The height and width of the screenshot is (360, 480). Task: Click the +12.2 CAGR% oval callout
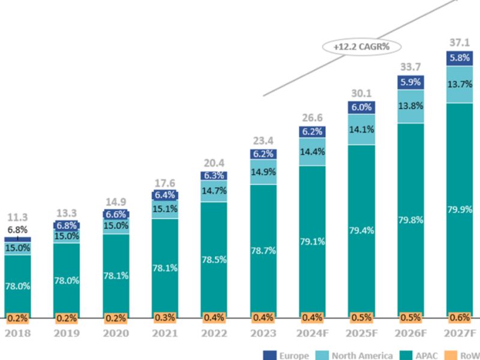pyautogui.click(x=361, y=46)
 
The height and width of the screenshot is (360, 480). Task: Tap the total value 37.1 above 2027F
pyautogui.click(x=460, y=43)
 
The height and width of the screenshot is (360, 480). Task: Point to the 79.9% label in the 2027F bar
pyautogui.click(x=460, y=209)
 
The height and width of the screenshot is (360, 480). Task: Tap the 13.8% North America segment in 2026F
pyautogui.click(x=410, y=106)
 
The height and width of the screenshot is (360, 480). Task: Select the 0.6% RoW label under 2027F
pyautogui.click(x=460, y=317)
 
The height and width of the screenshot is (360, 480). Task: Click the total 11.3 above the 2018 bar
pyautogui.click(x=17, y=217)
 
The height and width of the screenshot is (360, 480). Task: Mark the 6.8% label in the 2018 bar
pyautogui.click(x=17, y=230)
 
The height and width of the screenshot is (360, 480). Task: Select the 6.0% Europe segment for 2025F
pyautogui.click(x=361, y=107)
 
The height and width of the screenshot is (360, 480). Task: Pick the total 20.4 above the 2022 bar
pyautogui.click(x=214, y=163)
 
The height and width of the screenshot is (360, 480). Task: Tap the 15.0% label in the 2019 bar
pyautogui.click(x=66, y=236)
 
